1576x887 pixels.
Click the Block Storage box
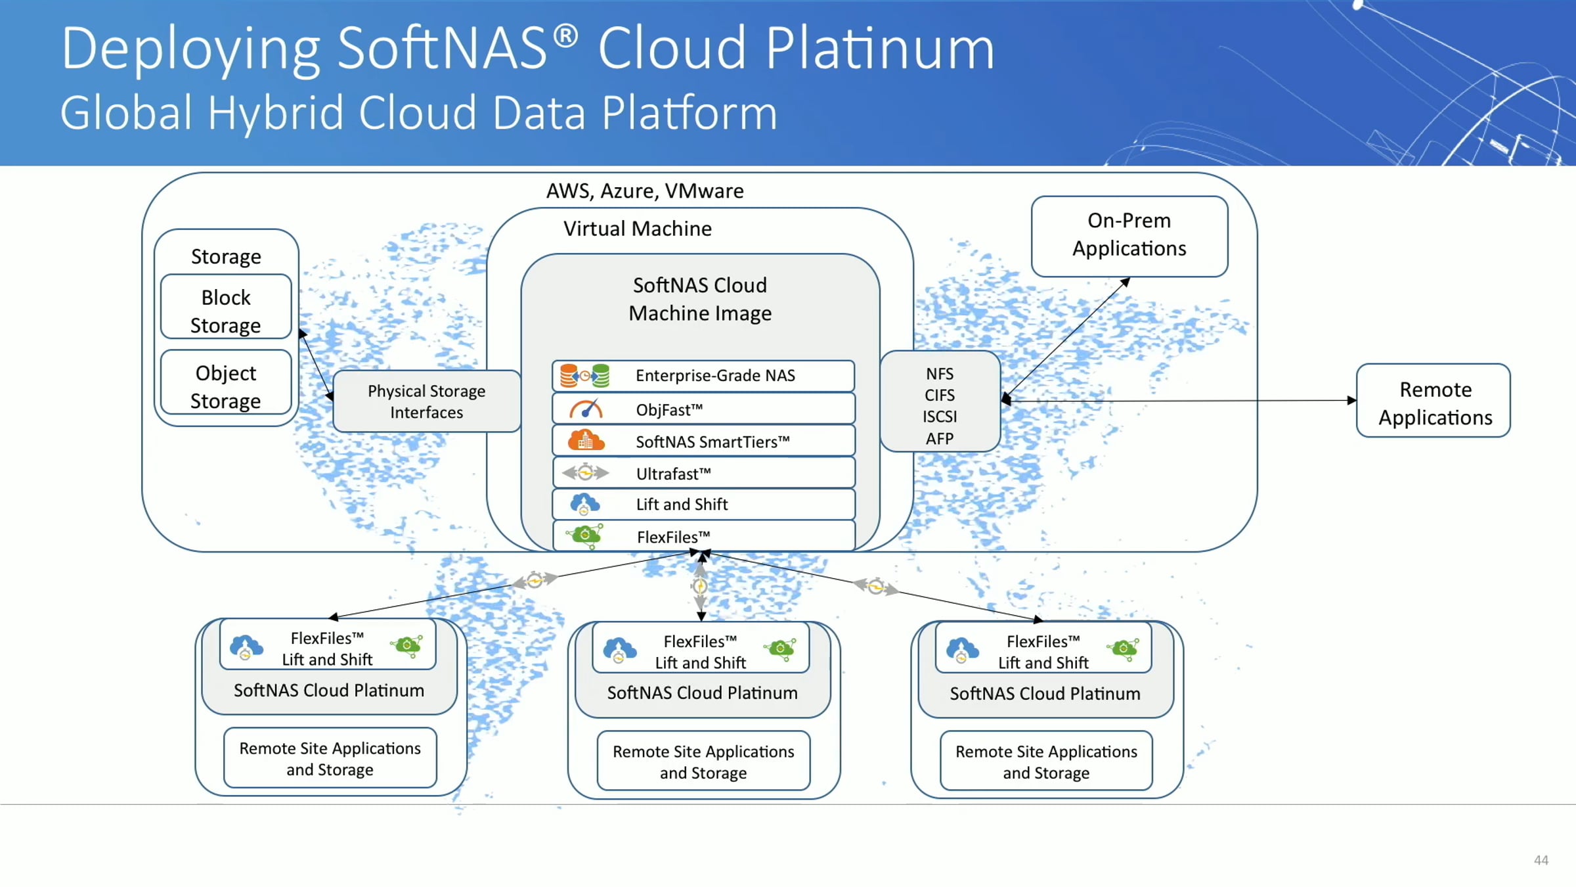pyautogui.click(x=226, y=307)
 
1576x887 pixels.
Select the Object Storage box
pyautogui.click(x=226, y=382)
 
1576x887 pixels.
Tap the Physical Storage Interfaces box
pyautogui.click(x=427, y=401)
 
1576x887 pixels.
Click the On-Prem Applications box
pyautogui.click(x=1129, y=236)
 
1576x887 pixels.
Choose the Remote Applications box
pyautogui.click(x=1434, y=400)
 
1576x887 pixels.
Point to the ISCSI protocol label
pyautogui.click(x=940, y=417)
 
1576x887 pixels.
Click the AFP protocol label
pyautogui.click(x=940, y=438)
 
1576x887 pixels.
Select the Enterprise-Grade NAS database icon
pyautogui.click(x=584, y=376)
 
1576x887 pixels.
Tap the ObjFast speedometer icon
pyautogui.click(x=586, y=409)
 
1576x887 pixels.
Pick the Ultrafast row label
pyautogui.click(x=673, y=473)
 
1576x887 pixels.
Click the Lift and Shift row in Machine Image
pyautogui.click(x=704, y=504)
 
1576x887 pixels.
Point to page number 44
pyautogui.click(x=1541, y=860)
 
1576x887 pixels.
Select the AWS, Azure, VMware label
pyautogui.click(x=645, y=191)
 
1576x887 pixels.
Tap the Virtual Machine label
pyautogui.click(x=638, y=229)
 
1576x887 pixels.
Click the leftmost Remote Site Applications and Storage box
pyautogui.click(x=330, y=758)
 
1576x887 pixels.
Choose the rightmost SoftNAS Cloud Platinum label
pyautogui.click(x=1045, y=694)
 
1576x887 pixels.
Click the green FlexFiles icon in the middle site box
pyautogui.click(x=780, y=648)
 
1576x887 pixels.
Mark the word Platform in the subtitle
pyautogui.click(x=689, y=112)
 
